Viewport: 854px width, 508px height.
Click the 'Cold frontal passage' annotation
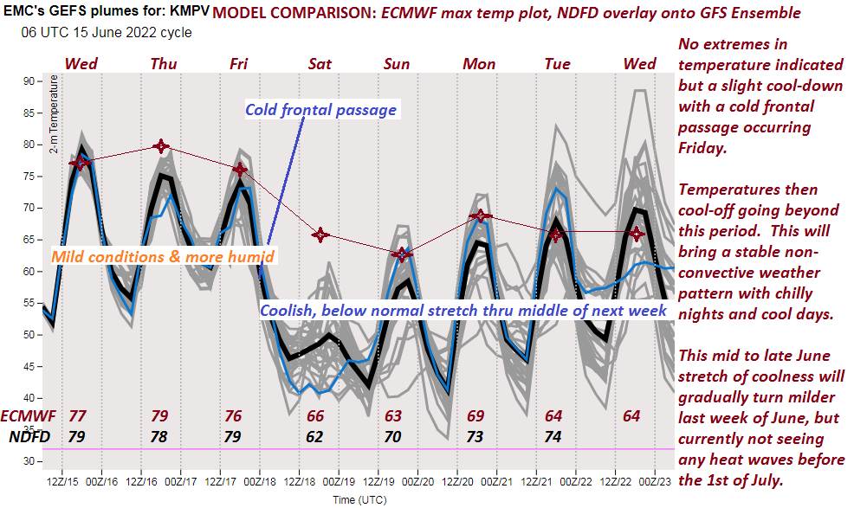(320, 110)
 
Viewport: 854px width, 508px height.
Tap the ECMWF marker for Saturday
(320, 235)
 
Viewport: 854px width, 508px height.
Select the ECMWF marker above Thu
(161, 147)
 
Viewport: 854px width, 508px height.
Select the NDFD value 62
(314, 437)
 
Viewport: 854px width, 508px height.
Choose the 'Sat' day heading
(320, 63)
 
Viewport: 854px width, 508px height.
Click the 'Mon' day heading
(479, 63)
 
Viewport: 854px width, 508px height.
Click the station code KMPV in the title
(189, 12)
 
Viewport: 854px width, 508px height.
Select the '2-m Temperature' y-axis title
(54, 116)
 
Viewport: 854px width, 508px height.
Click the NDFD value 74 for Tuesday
(553, 437)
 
